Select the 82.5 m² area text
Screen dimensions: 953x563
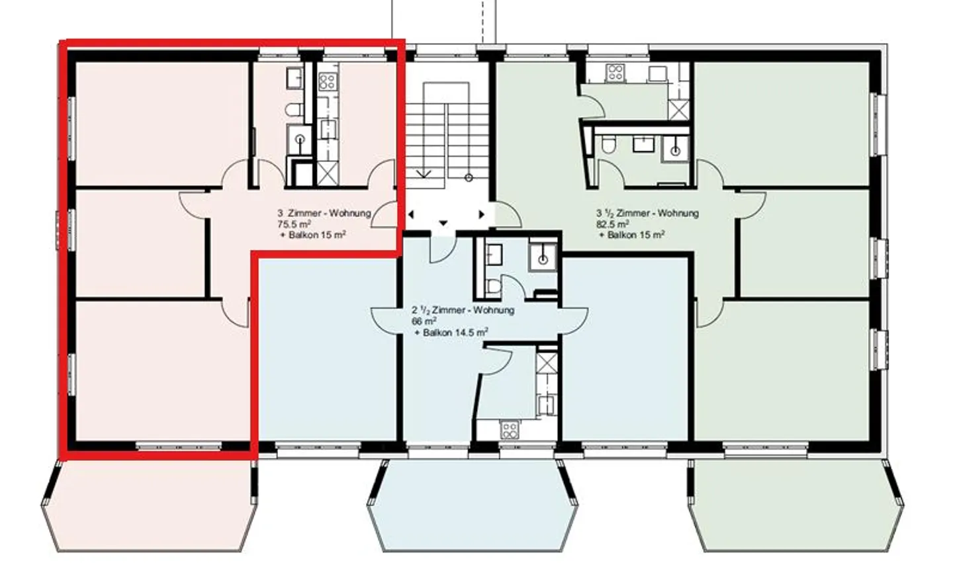pyautogui.click(x=613, y=224)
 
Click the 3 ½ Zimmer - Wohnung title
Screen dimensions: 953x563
pyautogui.click(x=647, y=213)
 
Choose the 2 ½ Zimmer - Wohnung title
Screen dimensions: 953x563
pyautogui.click(x=463, y=310)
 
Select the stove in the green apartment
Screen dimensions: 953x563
pyautogui.click(x=615, y=72)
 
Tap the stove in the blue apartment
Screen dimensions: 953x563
pyautogui.click(x=510, y=429)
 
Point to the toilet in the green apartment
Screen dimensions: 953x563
pyautogui.click(x=608, y=145)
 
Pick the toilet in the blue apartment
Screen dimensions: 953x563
pyautogui.click(x=493, y=286)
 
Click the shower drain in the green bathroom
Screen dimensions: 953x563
pyautogui.click(x=676, y=151)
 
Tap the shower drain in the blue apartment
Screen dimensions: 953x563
pyautogui.click(x=543, y=259)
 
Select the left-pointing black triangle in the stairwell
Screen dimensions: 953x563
pyautogui.click(x=411, y=215)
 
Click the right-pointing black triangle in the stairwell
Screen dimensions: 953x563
pyautogui.click(x=482, y=215)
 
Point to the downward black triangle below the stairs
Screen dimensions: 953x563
pyautogui.click(x=443, y=223)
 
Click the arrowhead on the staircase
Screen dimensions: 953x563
pyautogui.click(x=424, y=174)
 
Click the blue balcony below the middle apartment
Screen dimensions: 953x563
pyautogui.click(x=473, y=506)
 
